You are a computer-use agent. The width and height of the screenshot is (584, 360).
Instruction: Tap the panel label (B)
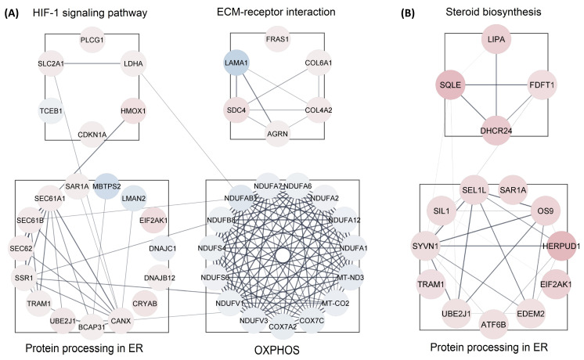point(402,14)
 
